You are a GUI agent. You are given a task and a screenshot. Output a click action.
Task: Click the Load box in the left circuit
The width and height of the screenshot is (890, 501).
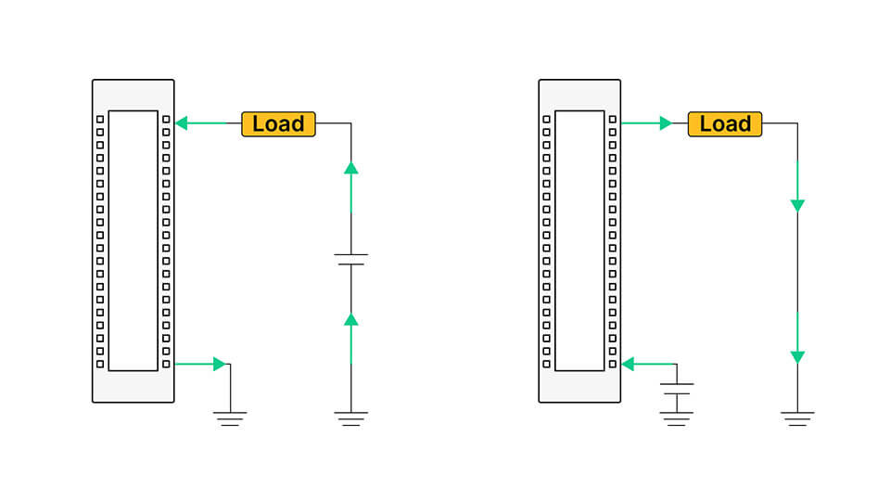278,123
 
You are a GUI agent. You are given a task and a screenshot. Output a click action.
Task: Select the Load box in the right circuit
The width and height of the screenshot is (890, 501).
725,123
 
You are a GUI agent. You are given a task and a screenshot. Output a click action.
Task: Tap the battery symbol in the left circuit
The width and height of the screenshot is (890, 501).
350,260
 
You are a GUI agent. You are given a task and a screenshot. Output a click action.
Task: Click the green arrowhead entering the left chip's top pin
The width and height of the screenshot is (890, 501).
182,122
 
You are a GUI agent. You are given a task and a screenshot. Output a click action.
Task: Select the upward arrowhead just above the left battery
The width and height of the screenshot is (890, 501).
350,168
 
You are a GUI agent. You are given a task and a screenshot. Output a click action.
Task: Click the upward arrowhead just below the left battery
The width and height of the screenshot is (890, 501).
350,319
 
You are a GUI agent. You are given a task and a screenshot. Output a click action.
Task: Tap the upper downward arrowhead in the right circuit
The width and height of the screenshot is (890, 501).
797,205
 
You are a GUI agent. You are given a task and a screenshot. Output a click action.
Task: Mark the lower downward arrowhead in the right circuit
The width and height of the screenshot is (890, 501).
797,357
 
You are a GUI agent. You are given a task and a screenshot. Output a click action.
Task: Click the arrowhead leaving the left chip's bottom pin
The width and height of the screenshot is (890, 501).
220,364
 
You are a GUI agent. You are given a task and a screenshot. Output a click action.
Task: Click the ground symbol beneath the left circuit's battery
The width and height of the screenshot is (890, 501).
350,417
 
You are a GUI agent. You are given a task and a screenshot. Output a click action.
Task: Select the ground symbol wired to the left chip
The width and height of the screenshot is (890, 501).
231,417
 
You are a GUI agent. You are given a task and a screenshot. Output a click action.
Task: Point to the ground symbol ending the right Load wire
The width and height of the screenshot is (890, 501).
797,417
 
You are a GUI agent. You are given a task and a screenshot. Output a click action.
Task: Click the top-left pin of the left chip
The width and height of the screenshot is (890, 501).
100,120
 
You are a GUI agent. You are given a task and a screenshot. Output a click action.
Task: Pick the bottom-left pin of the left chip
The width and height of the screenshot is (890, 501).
100,364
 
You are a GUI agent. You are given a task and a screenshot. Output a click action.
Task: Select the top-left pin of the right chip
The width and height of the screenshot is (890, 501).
546,120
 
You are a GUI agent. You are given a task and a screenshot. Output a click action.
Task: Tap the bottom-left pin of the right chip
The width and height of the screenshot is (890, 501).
546,364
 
